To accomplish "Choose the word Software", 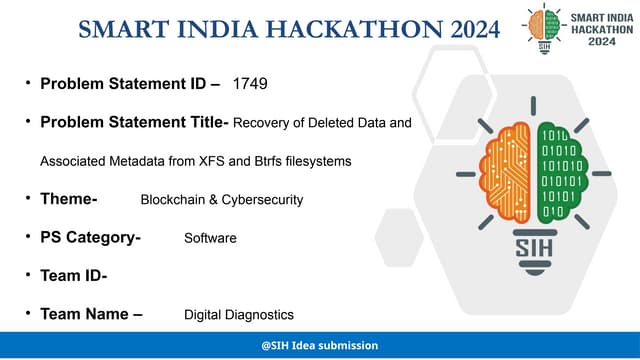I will pyautogui.click(x=210, y=239).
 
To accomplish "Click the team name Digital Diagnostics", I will pyautogui.click(x=239, y=314).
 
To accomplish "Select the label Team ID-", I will pyautogui.click(x=74, y=275).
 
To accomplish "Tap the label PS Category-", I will pyautogui.click(x=90, y=238).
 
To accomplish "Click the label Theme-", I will pyautogui.click(x=69, y=199).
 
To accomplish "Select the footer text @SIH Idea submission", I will pyautogui.click(x=319, y=345).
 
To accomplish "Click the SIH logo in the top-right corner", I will pyautogui.click(x=544, y=27).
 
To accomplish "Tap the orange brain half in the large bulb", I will pyautogui.click(x=505, y=170).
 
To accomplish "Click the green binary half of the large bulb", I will pyautogui.click(x=557, y=170).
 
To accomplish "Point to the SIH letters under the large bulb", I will pyautogui.click(x=530, y=246).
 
